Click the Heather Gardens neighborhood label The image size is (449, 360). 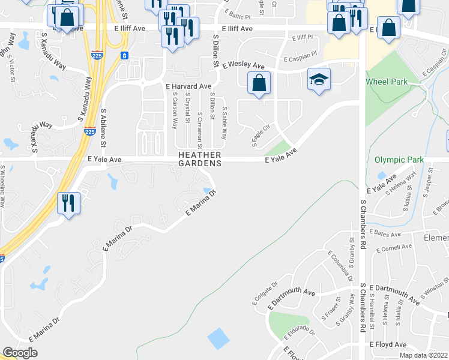tap(200, 159)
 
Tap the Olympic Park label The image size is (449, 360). tap(399, 160)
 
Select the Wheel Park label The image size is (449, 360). tap(387, 82)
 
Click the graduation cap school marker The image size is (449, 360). tap(319, 79)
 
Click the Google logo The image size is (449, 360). tap(20, 352)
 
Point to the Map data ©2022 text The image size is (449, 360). tap(423, 355)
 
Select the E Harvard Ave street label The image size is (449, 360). tap(188, 86)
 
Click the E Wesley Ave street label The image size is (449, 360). tap(243, 65)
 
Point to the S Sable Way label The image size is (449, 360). tap(224, 124)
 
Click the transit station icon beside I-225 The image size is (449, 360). tap(124, 55)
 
